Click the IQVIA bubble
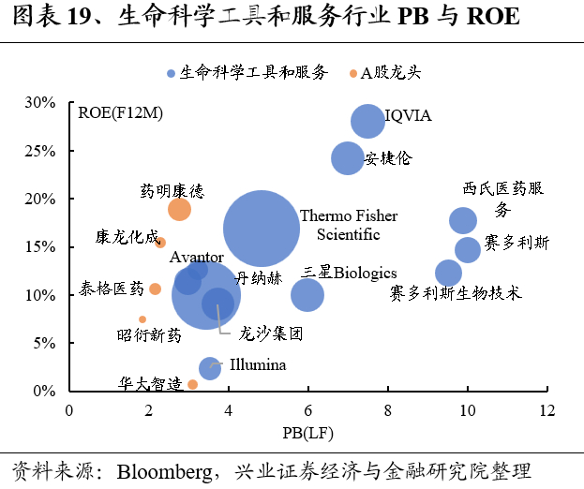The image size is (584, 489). (x=368, y=120)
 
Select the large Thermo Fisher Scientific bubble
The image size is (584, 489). (x=262, y=229)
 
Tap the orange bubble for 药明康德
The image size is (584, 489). (x=178, y=209)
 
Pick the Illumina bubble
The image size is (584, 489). (x=210, y=368)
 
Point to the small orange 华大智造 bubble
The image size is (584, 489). (x=192, y=384)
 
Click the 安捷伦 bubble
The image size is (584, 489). (x=348, y=157)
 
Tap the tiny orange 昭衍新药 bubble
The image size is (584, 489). (x=142, y=319)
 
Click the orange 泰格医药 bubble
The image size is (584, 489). (x=155, y=289)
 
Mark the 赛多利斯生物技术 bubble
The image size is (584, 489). (x=449, y=274)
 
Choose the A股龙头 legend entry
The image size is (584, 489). (x=384, y=72)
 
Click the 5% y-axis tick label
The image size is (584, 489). (x=47, y=343)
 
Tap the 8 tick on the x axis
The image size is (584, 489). (x=388, y=410)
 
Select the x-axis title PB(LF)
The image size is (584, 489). (x=308, y=433)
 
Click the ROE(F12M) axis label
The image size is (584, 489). (x=121, y=113)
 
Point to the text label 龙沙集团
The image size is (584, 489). (x=270, y=333)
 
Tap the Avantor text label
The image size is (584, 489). (x=196, y=257)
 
